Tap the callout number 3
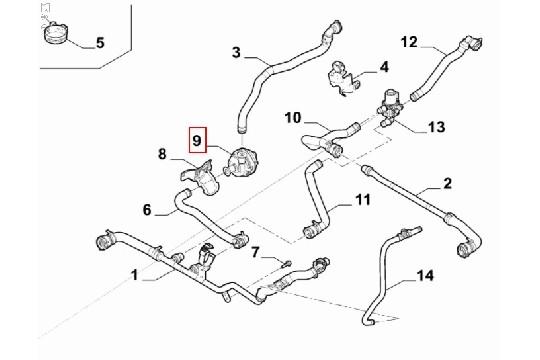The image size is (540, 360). pos(236,51)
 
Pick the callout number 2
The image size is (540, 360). pos(448,183)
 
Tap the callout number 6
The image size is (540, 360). pos(147,210)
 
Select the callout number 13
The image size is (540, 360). pos(436,126)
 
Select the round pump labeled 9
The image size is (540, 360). pos(242,163)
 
